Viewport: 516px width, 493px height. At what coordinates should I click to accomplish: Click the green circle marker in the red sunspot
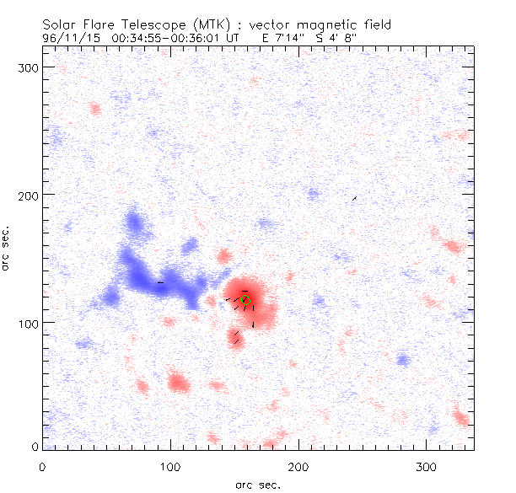point(245,299)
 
